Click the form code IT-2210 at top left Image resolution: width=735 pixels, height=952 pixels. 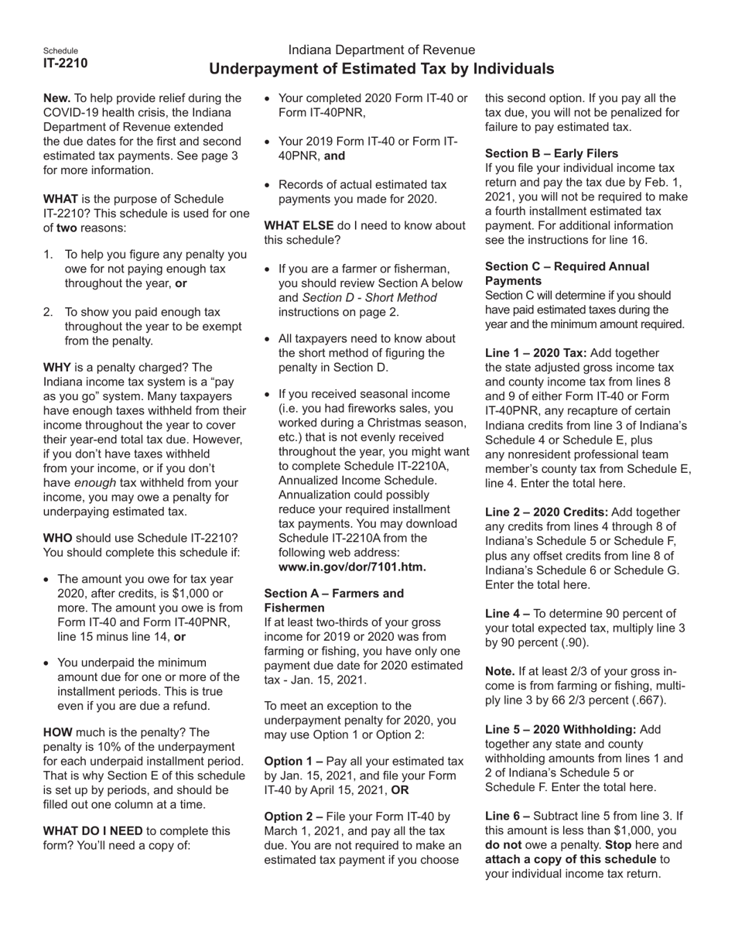pyautogui.click(x=65, y=63)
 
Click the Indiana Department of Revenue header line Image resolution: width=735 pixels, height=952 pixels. pyautogui.click(x=381, y=50)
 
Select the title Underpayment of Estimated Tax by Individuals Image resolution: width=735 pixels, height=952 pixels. pyautogui.click(x=381, y=69)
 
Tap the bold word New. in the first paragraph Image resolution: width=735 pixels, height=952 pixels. pyautogui.click(x=57, y=98)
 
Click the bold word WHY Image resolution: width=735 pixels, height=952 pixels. pyautogui.click(x=59, y=367)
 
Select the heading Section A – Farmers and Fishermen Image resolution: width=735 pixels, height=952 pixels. pyautogui.click(x=334, y=601)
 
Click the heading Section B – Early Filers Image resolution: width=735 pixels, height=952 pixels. pyautogui.click(x=551, y=153)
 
